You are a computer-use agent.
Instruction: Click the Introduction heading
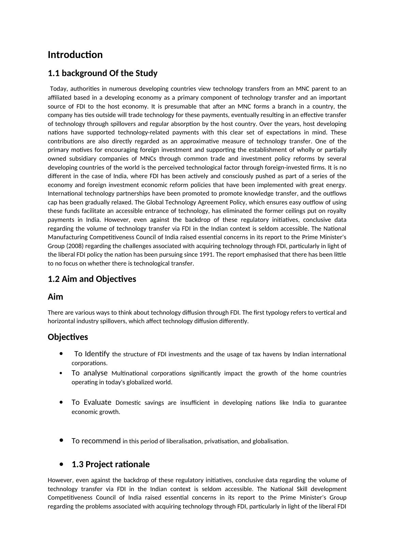[75, 55]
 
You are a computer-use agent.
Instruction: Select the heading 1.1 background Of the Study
[102, 73]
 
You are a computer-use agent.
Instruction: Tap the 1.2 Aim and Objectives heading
[92, 279]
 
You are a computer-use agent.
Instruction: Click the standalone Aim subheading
[55, 297]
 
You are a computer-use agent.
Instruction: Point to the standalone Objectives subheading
[68, 337]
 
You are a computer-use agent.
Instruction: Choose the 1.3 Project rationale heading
[111, 464]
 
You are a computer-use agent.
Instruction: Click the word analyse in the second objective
[96, 373]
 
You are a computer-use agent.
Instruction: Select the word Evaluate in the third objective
[97, 402]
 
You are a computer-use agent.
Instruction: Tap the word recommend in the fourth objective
[101, 441]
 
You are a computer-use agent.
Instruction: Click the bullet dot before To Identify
[61, 354]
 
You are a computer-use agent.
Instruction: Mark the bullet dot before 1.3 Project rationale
[61, 464]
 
